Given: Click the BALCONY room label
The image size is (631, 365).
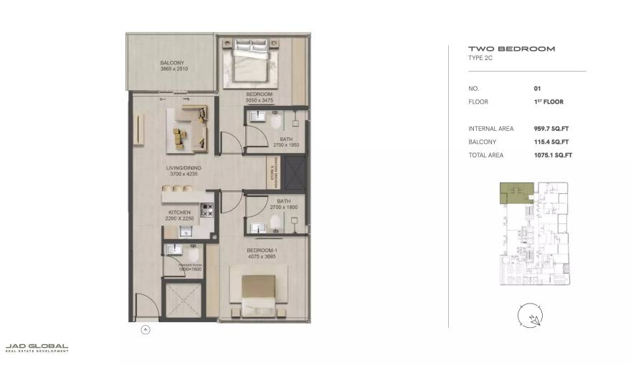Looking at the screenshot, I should pyautogui.click(x=173, y=63).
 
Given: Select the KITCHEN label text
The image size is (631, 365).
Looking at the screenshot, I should pyautogui.click(x=179, y=213).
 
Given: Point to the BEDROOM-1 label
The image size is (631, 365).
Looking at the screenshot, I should pyautogui.click(x=261, y=250).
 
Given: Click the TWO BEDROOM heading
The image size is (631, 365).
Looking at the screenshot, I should pyautogui.click(x=501, y=49).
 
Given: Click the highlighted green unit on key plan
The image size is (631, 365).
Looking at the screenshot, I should pyautogui.click(x=511, y=190).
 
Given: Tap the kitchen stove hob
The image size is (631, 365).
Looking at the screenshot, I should pyautogui.click(x=207, y=210).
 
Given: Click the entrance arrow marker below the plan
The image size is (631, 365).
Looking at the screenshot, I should pyautogui.click(x=146, y=330).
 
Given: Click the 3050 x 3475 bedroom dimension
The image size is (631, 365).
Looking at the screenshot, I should pyautogui.click(x=260, y=101).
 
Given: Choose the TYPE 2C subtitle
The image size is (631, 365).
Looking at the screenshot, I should pyautogui.click(x=481, y=58).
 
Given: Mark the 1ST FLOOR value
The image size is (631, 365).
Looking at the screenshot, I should pyautogui.click(x=549, y=102).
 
